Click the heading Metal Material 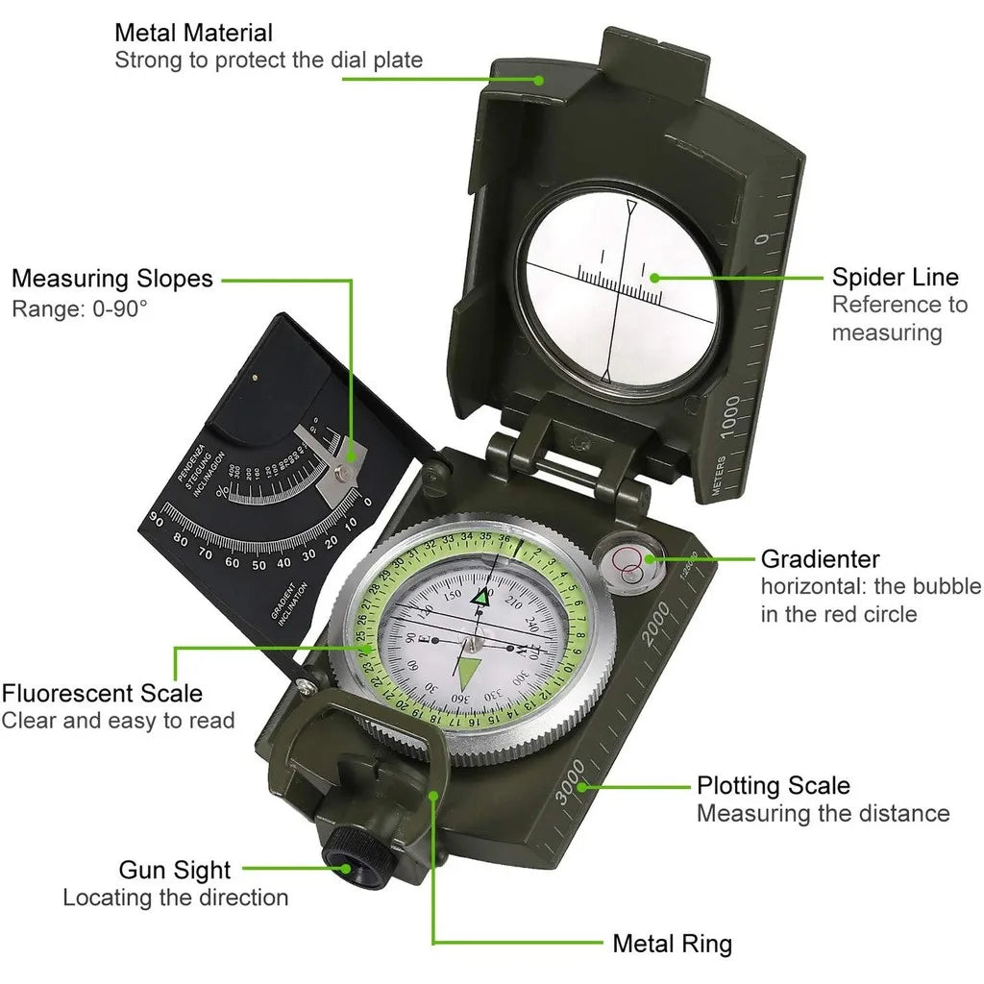click(x=193, y=33)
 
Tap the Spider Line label click(x=895, y=278)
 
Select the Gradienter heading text click(x=820, y=558)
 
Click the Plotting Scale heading click(x=773, y=785)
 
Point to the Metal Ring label click(x=672, y=943)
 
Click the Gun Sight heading click(x=175, y=870)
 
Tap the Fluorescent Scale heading click(x=102, y=692)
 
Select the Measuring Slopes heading click(x=112, y=279)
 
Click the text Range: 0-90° click(x=80, y=309)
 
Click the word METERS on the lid click(x=719, y=476)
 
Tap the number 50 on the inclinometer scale click(x=258, y=565)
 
